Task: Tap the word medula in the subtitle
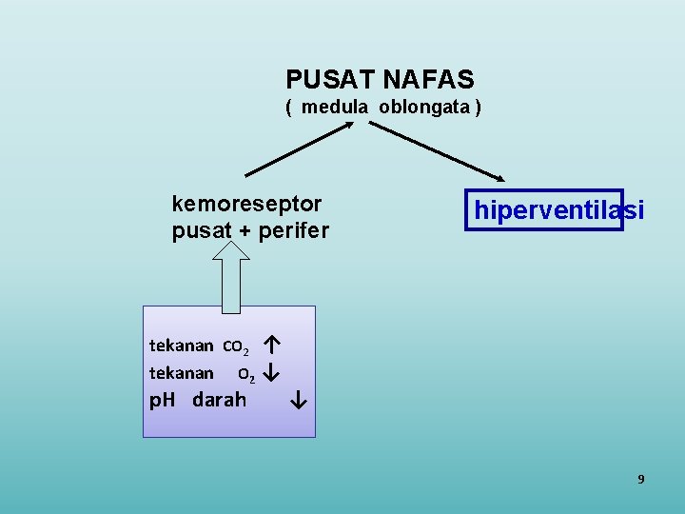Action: pos(335,107)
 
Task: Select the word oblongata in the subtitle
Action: pos(423,107)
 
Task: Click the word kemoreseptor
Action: pos(246,203)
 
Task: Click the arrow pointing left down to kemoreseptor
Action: pos(299,150)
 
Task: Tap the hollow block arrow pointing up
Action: pos(231,276)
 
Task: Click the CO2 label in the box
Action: pos(238,346)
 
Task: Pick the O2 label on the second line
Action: pos(245,373)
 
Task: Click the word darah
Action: pos(219,400)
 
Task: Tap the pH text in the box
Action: pos(163,400)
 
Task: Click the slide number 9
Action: pos(640,479)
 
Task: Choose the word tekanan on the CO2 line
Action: pos(181,345)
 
